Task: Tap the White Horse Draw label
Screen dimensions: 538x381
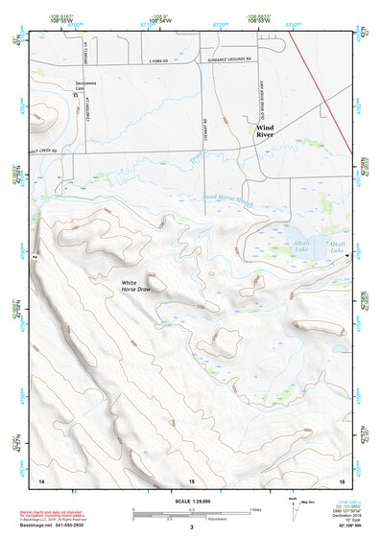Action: [136, 286]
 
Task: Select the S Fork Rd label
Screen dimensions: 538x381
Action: [158, 59]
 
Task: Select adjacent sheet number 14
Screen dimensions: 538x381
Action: [41, 479]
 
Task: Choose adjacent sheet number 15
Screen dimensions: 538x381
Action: [192, 479]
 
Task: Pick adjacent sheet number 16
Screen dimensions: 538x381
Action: [340, 479]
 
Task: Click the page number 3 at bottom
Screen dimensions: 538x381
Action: [191, 526]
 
